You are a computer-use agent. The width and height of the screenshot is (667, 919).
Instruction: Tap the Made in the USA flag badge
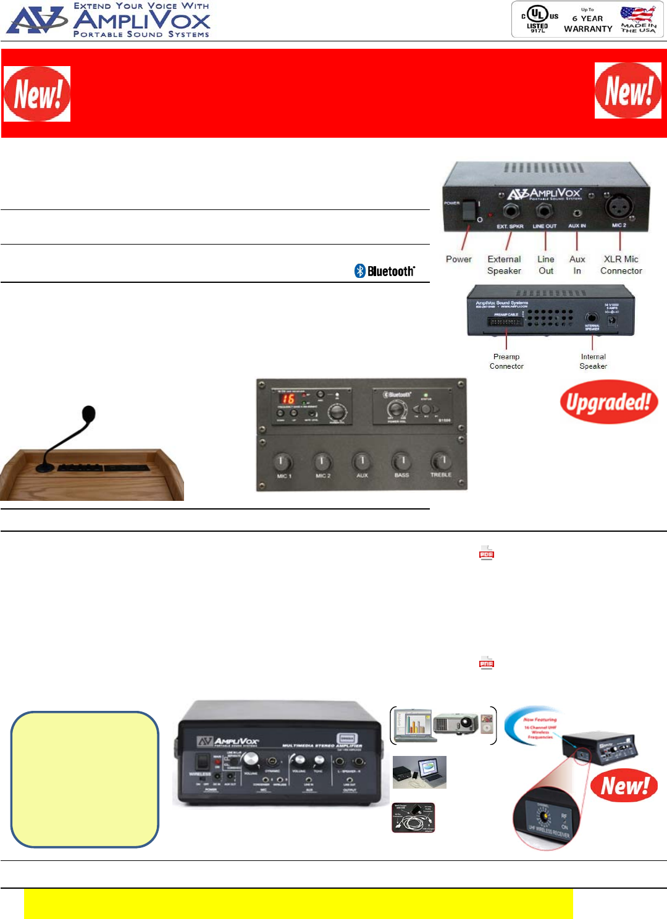tap(638, 20)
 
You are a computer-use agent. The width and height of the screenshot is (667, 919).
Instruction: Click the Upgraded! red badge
tap(608, 403)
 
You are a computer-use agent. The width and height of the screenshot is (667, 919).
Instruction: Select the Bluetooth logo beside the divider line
tap(385, 271)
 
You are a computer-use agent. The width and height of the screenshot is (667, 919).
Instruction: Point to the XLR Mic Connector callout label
tap(621, 265)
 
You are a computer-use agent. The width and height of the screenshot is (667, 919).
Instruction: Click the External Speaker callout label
tap(504, 265)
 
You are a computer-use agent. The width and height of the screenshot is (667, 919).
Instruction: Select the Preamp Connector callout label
tap(506, 361)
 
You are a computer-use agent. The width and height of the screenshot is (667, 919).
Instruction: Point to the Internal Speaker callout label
tap(593, 361)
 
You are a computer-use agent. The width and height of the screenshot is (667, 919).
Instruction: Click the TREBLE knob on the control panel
tap(441, 461)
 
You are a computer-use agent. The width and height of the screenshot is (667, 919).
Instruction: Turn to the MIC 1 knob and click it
tap(283, 461)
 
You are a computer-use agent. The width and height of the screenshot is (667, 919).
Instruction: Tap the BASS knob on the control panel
tap(401, 461)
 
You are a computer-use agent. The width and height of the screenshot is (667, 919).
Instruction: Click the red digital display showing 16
tap(288, 399)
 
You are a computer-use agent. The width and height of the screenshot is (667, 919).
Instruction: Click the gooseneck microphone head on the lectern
tap(89, 413)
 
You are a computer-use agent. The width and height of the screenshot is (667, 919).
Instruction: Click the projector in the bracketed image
tap(455, 723)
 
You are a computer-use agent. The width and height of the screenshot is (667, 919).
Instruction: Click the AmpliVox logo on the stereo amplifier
tap(228, 741)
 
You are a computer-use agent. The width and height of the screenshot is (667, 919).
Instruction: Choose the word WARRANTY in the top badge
tap(588, 29)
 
